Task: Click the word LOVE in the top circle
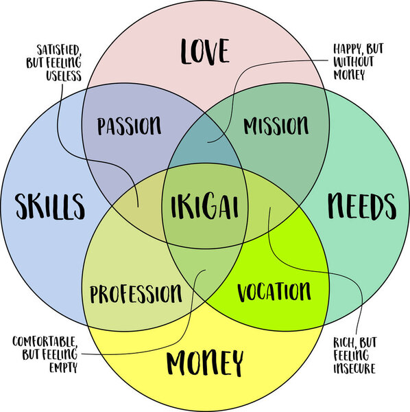[x=204, y=51]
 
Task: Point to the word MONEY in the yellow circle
[x=204, y=360]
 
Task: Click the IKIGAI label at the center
[x=204, y=205]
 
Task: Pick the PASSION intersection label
[x=130, y=126]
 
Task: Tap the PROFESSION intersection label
[x=136, y=293]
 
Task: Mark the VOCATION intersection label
[x=274, y=291]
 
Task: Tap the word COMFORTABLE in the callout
[x=44, y=342]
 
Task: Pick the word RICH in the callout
[x=347, y=342]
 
